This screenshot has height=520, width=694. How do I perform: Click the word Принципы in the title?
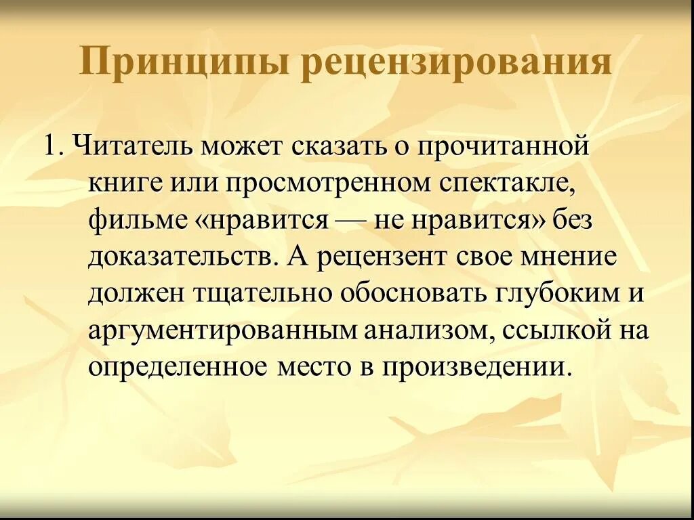point(184,62)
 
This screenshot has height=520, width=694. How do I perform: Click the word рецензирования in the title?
point(456,62)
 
